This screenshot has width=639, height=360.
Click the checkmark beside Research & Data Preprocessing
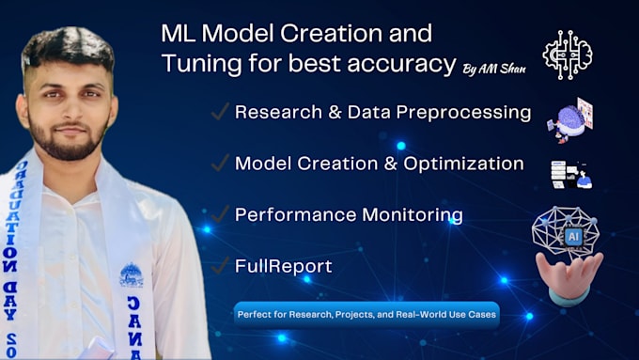[x=221, y=113]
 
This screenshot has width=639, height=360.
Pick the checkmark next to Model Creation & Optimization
[x=221, y=164]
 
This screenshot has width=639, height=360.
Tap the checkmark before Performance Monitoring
[x=221, y=214]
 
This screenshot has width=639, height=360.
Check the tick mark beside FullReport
[x=221, y=266]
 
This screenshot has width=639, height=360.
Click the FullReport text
[x=283, y=266]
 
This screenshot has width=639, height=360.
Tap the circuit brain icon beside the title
[x=567, y=53]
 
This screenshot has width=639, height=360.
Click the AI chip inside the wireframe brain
[x=572, y=237]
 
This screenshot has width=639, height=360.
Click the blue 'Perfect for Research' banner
[x=366, y=314]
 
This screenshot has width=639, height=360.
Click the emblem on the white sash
[x=131, y=275]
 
